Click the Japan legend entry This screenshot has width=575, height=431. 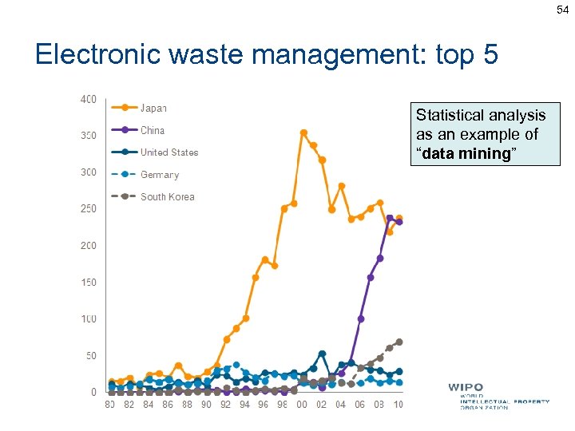pyautogui.click(x=153, y=108)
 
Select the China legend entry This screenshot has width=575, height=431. pyautogui.click(x=152, y=130)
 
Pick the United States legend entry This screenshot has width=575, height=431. pyautogui.click(x=169, y=152)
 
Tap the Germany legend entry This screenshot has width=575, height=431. pyautogui.click(x=159, y=175)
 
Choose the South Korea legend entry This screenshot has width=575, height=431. pyautogui.click(x=167, y=196)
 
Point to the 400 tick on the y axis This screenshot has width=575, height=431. pyautogui.click(x=88, y=100)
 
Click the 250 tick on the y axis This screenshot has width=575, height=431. pyautogui.click(x=88, y=209)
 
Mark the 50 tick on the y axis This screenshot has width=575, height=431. pyautogui.click(x=91, y=356)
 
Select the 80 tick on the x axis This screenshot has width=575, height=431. pyautogui.click(x=110, y=405)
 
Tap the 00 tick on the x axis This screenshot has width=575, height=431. pyautogui.click(x=303, y=405)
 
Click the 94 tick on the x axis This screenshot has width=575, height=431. pyautogui.click(x=245, y=405)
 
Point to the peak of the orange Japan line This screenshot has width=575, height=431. pyautogui.click(x=303, y=132)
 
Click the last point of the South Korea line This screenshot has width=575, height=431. pyautogui.click(x=399, y=342)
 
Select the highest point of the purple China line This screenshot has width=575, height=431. pyautogui.click(x=390, y=218)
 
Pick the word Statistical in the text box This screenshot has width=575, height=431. pyautogui.click(x=447, y=116)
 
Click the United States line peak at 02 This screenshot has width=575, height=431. pyautogui.click(x=322, y=354)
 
